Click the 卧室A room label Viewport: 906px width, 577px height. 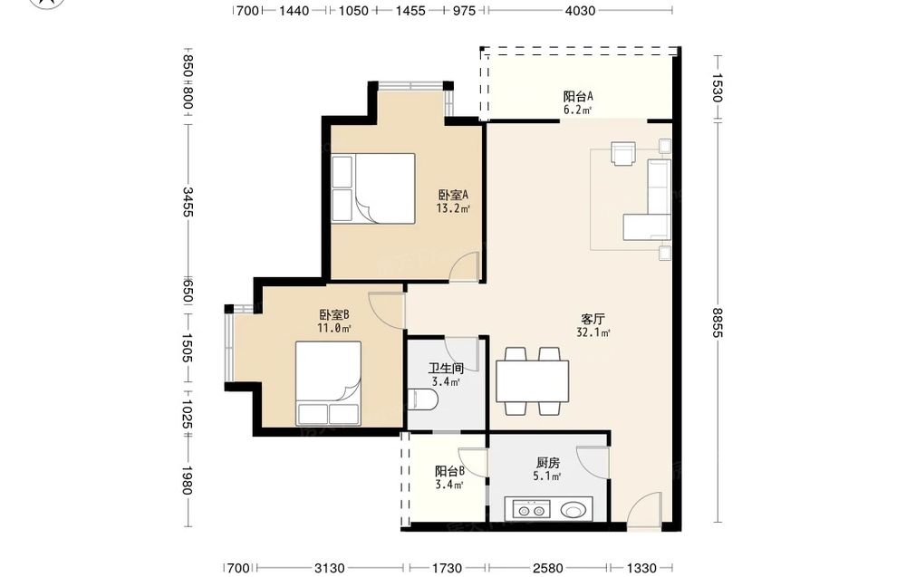pyautogui.click(x=453, y=195)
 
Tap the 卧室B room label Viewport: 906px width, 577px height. pyautogui.click(x=334, y=315)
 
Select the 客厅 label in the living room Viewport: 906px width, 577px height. pyautogui.click(x=593, y=319)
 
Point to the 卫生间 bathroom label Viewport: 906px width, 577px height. pyautogui.click(x=446, y=368)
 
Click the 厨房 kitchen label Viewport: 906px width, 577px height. pyautogui.click(x=548, y=463)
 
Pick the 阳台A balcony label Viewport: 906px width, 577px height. pyautogui.click(x=578, y=96)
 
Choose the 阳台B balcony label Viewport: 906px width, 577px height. pyautogui.click(x=449, y=471)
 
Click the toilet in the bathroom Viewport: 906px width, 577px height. pyautogui.click(x=422, y=399)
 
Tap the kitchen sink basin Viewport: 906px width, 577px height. pyautogui.click(x=573, y=511)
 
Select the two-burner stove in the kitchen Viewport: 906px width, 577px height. pyautogui.click(x=532, y=511)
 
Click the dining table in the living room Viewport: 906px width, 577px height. pyautogui.click(x=532, y=381)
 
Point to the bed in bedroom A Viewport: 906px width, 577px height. pyautogui.click(x=385, y=188)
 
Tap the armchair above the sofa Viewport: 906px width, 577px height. pyautogui.click(x=623, y=153)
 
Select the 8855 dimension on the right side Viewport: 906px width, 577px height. pyautogui.click(x=717, y=322)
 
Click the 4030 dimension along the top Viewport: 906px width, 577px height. pyautogui.click(x=580, y=10)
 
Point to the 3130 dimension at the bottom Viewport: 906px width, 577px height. pyautogui.click(x=330, y=568)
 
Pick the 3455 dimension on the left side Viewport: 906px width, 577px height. pyautogui.click(x=188, y=202)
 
